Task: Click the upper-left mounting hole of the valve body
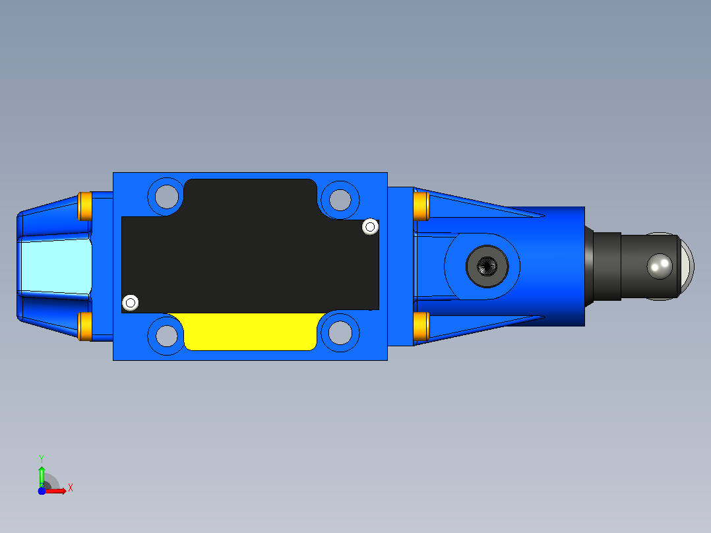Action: click(166, 197)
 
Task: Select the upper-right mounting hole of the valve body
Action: click(340, 200)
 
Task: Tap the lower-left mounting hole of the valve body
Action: click(166, 335)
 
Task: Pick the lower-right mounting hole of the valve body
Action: click(340, 332)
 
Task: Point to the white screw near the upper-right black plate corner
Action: click(371, 226)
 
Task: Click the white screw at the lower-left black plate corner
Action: click(131, 303)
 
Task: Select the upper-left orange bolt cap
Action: click(85, 206)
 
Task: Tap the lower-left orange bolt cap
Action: click(85, 326)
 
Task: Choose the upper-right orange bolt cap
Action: click(421, 206)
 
